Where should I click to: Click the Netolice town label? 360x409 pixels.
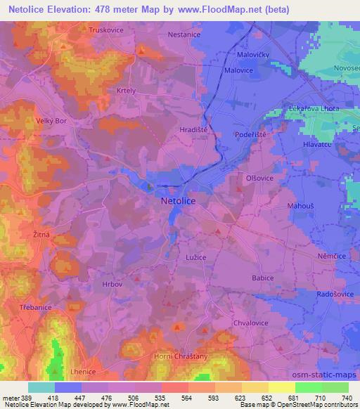tap(178, 201)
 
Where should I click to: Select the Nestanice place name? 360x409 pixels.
tap(185, 34)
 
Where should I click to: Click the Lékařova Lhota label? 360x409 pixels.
tap(314, 108)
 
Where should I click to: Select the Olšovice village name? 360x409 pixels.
tap(260, 178)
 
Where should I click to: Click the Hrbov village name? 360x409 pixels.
tap(112, 285)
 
